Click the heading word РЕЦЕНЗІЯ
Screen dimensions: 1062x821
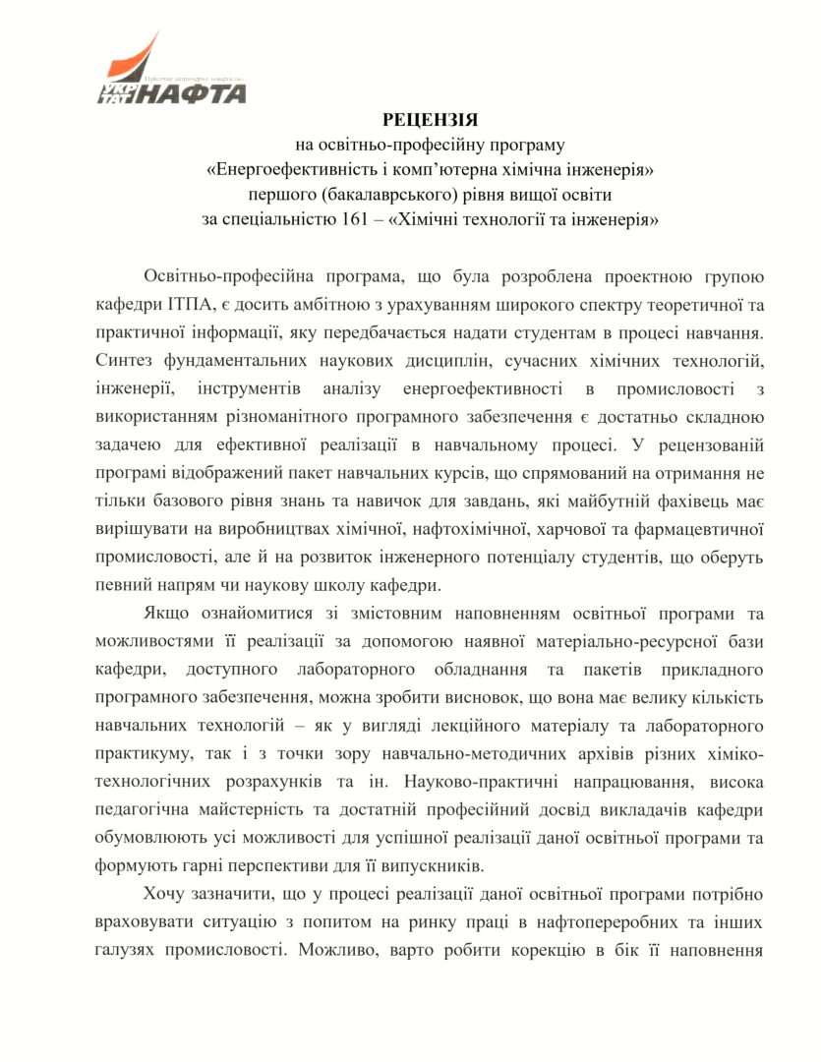(430, 120)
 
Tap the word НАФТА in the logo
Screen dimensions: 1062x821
(193, 94)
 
